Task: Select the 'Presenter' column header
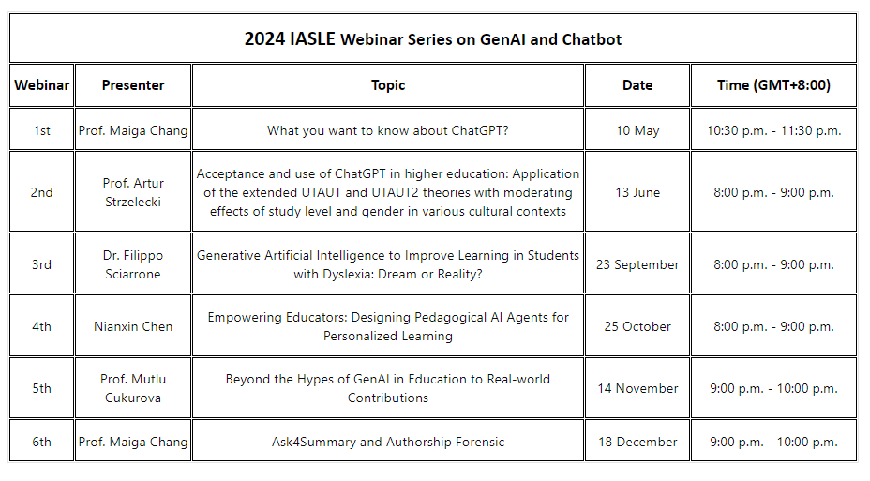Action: point(133,85)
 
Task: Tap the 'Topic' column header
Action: point(388,85)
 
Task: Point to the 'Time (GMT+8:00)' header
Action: point(773,85)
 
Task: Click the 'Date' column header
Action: point(637,85)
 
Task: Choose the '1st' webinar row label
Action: point(41,130)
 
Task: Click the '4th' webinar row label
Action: point(41,326)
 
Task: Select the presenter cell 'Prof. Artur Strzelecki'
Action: point(133,192)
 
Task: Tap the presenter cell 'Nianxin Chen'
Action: point(133,326)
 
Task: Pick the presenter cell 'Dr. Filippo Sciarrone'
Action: point(133,264)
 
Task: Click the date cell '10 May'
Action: point(637,130)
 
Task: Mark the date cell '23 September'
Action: point(637,264)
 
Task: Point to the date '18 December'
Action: point(637,442)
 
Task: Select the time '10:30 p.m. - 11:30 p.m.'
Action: point(773,130)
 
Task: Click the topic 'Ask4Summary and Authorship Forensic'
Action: point(388,442)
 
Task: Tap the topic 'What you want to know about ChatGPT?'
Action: point(388,130)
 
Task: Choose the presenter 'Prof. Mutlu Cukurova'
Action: point(133,388)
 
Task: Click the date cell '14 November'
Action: point(637,388)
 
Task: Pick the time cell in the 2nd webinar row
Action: point(773,192)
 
